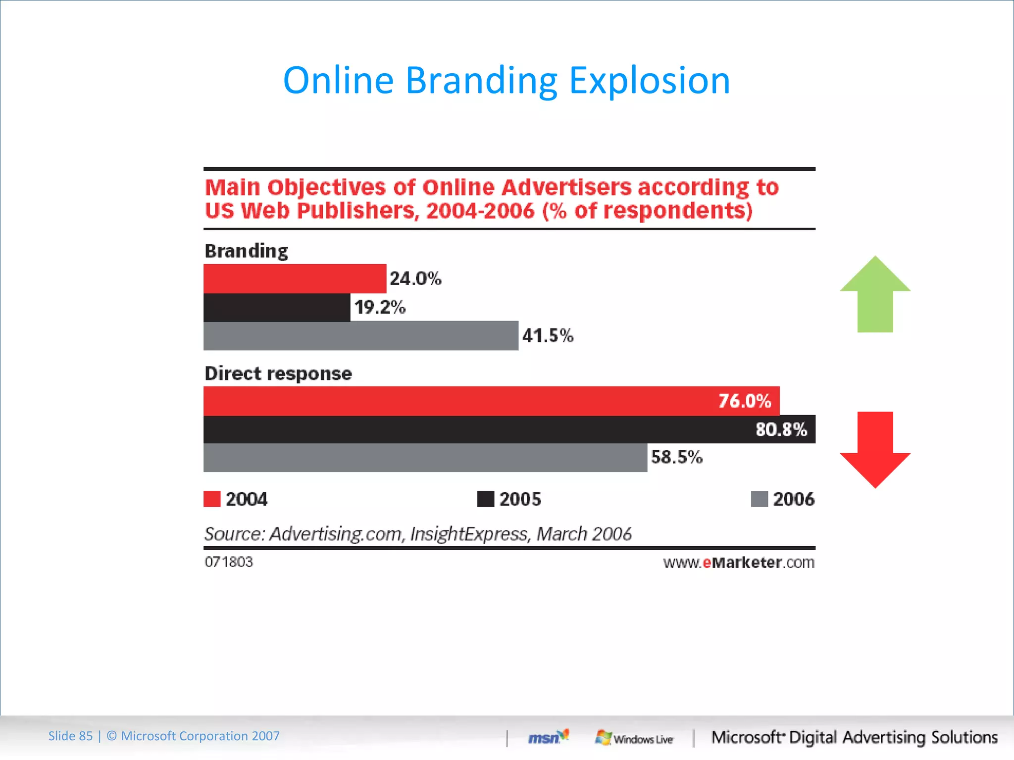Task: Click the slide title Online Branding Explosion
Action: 507,80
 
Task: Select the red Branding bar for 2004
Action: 295,279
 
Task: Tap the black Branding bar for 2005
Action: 277,307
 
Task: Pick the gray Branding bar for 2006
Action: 361,336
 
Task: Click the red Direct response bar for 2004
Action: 460,401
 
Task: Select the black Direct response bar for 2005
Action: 475,429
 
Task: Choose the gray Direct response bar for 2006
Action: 425,458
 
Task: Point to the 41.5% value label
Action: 548,336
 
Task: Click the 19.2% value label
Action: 380,307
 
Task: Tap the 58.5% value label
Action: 676,457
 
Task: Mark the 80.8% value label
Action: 781,429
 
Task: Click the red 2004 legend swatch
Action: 212,499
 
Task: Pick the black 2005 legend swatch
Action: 486,499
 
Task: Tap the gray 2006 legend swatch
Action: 759,499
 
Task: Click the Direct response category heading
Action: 278,374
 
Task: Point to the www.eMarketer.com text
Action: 739,563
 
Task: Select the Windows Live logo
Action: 634,738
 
